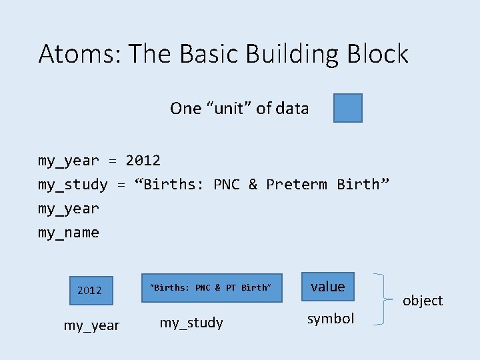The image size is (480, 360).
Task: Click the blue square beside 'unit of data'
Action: pos(348,108)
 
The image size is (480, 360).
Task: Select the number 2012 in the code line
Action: pos(143,161)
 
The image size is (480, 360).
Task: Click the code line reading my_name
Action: pos(69,233)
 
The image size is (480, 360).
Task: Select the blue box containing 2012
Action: pos(90,290)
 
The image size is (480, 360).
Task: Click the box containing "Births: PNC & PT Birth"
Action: pos(211,287)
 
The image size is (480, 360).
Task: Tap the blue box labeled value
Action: pos(328,287)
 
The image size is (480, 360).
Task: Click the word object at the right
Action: pos(423,301)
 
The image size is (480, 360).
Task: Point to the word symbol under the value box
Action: pos(331,319)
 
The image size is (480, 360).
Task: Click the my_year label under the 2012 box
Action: pos(91,325)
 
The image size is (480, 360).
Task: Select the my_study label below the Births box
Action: pos(191,323)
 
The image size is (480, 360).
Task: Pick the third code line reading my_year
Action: pos(69,209)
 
